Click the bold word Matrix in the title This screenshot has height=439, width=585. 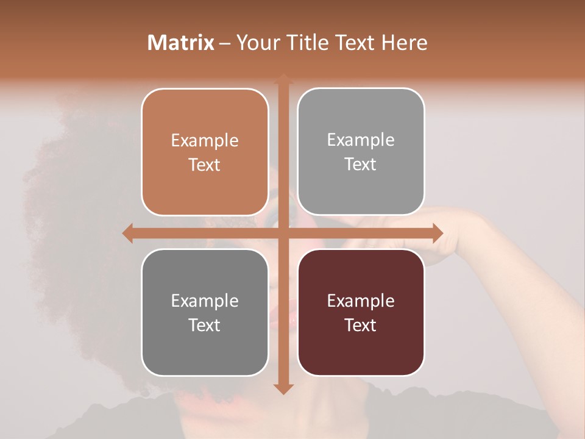(x=181, y=43)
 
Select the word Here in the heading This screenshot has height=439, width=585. (x=405, y=43)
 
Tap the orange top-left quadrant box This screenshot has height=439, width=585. (x=205, y=152)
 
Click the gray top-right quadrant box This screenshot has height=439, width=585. (x=361, y=152)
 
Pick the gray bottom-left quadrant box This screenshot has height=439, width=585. (x=205, y=312)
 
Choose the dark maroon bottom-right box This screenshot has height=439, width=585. (x=361, y=312)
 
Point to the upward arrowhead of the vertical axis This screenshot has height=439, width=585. (x=283, y=79)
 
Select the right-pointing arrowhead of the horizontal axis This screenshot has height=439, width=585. (x=438, y=233)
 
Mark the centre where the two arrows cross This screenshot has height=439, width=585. (x=283, y=233)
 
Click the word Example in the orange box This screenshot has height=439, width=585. (x=205, y=141)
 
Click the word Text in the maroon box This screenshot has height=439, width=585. (x=361, y=325)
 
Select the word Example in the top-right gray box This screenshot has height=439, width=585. (x=361, y=140)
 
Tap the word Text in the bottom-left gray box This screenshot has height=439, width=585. (x=205, y=325)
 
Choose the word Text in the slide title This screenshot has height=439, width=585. (x=355, y=43)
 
